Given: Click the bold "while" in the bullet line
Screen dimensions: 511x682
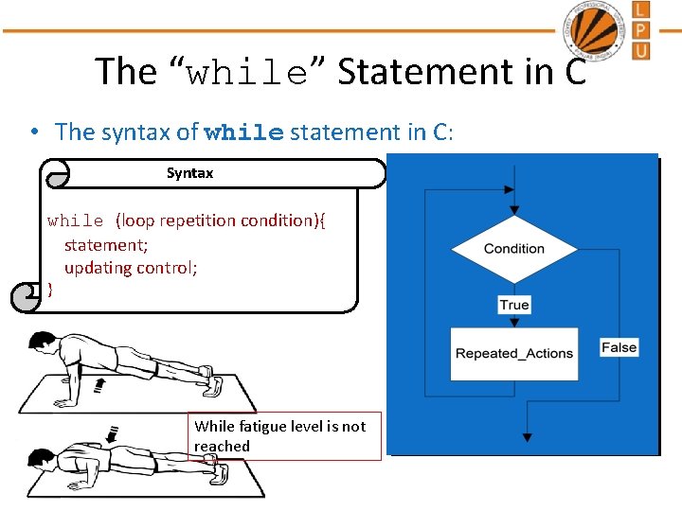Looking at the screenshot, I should coord(243,132).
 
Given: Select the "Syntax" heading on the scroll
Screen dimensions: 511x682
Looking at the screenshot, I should coord(189,173).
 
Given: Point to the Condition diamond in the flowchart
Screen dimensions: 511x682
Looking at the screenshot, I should coord(513,249).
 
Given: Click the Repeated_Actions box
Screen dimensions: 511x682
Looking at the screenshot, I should coord(513,354).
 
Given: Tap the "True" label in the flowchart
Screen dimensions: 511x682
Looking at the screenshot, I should coord(514,305).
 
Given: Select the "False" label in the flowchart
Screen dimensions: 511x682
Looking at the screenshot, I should coord(619,347).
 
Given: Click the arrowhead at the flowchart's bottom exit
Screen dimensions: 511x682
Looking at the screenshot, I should coord(527,437).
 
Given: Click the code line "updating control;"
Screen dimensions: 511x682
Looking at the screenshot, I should coord(131,268).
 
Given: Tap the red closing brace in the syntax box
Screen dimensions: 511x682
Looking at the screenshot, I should coord(50,291).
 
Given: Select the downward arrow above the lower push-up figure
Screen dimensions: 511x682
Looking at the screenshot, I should coord(111,433).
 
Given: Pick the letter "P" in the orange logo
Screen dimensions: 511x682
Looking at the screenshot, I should coord(641,29).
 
